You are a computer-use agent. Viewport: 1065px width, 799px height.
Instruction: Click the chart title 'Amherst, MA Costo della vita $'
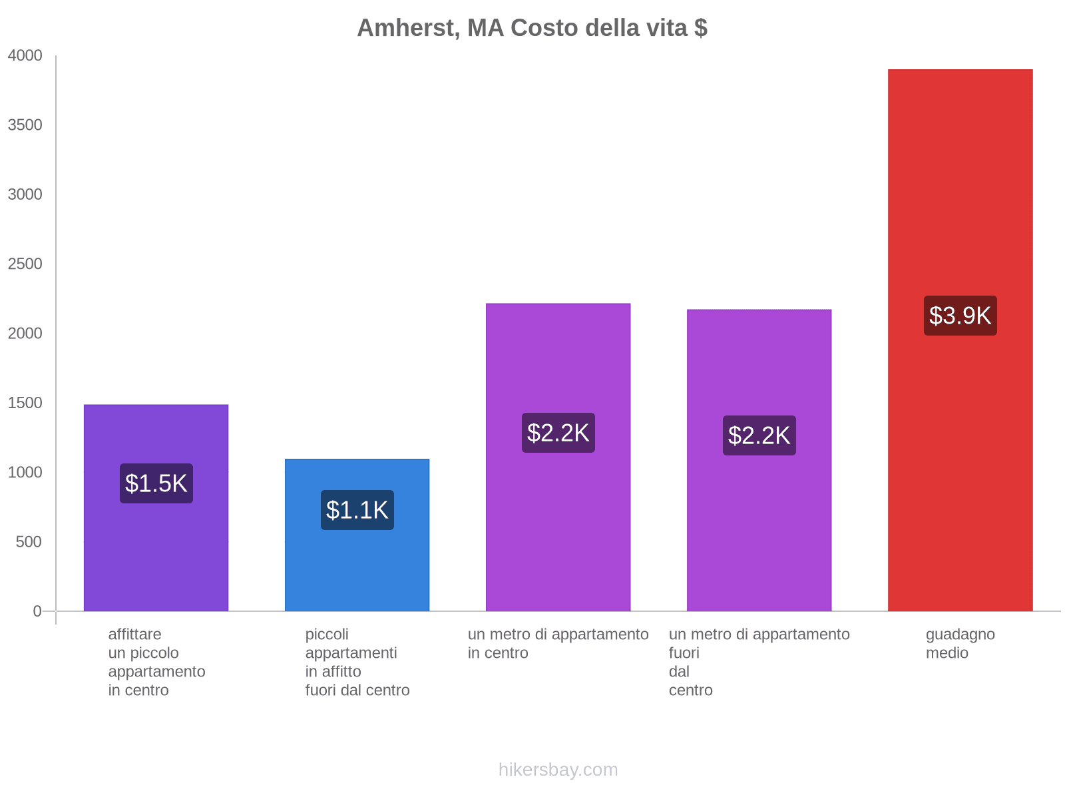pos(532,28)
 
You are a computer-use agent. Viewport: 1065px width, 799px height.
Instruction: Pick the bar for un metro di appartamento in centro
pos(558,519)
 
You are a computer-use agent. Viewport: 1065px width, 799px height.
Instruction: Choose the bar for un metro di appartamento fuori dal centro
pos(759,526)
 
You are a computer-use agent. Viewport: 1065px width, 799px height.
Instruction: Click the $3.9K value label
pos(960,316)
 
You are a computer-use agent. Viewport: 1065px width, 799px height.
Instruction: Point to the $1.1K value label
pos(357,510)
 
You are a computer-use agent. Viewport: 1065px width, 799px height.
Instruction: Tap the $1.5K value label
pos(156,483)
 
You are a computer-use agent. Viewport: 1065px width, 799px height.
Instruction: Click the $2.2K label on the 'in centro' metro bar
pos(558,433)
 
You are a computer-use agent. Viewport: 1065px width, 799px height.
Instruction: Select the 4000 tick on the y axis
pos(25,56)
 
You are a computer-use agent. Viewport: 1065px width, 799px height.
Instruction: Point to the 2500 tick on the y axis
pos(25,264)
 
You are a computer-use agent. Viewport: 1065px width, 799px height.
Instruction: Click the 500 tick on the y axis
pos(29,542)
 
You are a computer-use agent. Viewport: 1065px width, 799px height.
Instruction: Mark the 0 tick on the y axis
pos(37,611)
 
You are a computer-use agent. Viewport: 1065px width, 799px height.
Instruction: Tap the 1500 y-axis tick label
pos(25,403)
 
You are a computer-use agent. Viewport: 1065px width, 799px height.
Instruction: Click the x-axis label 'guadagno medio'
pos(960,643)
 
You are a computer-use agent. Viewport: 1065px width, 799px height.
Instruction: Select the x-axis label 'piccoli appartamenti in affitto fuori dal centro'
pos(357,662)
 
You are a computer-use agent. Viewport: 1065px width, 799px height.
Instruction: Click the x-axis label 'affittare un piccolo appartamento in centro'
pos(156,662)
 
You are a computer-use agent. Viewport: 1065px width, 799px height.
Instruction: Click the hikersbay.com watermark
pos(558,770)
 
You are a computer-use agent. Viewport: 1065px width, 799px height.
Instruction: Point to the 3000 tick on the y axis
pos(25,194)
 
